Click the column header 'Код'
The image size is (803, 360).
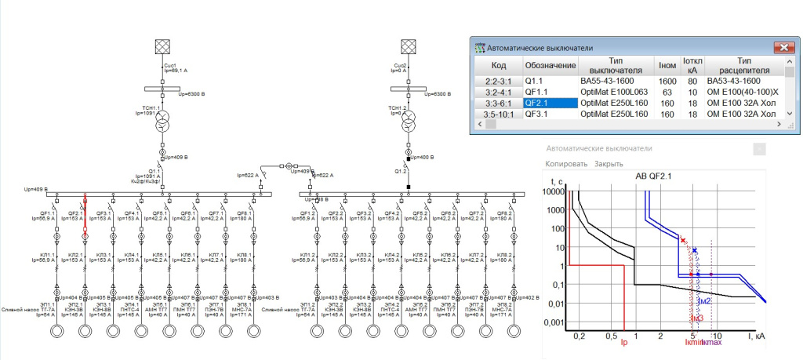(498, 65)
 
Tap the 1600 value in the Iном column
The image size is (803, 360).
(667, 81)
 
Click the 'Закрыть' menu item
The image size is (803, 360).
(609, 164)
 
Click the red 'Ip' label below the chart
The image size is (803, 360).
(623, 342)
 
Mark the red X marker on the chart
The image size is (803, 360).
(683, 240)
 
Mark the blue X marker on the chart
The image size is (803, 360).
(695, 249)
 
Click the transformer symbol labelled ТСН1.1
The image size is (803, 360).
(163, 123)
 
